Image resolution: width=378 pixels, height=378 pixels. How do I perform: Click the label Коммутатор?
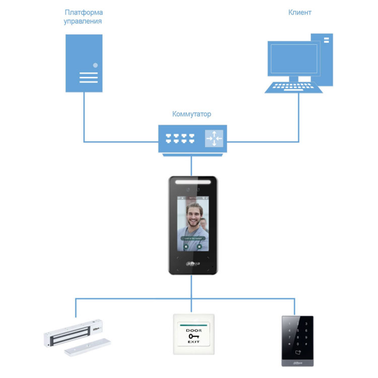click(x=192, y=114)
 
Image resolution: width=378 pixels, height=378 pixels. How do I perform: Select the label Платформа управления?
click(x=83, y=17)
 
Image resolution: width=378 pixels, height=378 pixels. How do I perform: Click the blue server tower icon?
click(x=84, y=62)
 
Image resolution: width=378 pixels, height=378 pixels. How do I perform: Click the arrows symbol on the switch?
click(x=214, y=138)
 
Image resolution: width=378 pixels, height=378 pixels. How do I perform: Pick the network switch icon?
click(x=192, y=139)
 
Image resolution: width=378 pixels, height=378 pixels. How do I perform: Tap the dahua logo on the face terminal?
click(x=192, y=263)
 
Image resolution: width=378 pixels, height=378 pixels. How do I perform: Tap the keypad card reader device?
click(x=297, y=341)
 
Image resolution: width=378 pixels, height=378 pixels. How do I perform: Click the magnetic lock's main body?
click(x=74, y=332)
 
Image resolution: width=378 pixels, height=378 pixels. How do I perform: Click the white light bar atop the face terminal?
click(x=192, y=180)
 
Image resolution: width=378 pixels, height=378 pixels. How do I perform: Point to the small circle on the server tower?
click(x=95, y=65)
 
